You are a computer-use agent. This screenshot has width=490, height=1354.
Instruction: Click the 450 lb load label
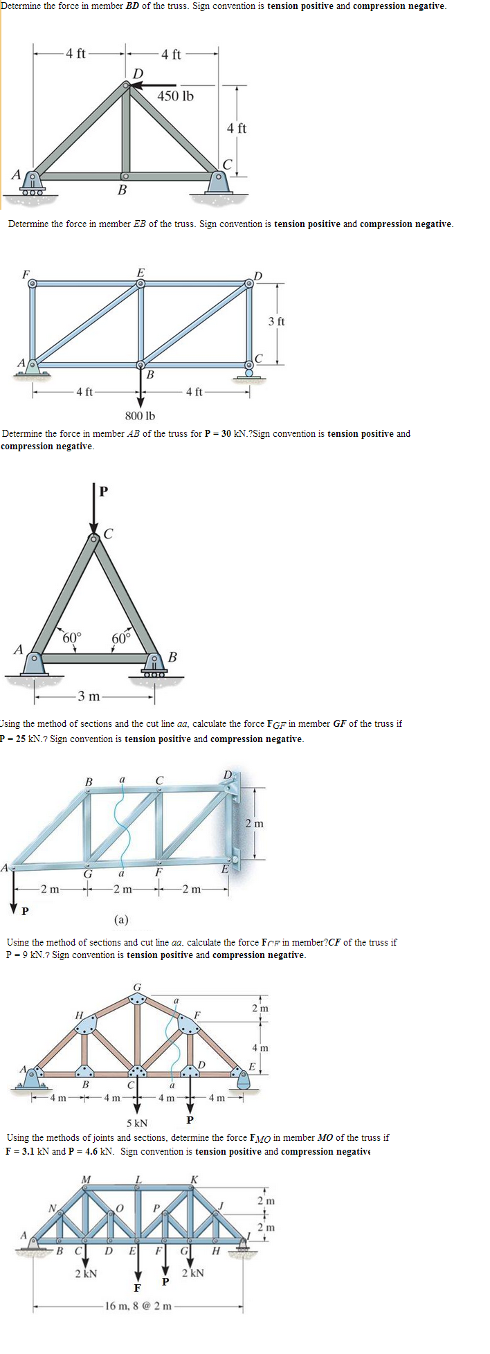175,96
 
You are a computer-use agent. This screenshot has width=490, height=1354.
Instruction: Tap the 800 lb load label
140,415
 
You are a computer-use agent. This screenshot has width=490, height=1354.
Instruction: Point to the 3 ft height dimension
276,321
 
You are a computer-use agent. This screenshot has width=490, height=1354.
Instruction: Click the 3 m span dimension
88,695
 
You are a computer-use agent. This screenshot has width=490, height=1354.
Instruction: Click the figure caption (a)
121,919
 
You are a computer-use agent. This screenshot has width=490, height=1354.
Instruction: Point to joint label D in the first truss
138,73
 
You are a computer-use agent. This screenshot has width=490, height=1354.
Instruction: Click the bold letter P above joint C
103,492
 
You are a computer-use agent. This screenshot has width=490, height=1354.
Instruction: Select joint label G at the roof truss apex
137,986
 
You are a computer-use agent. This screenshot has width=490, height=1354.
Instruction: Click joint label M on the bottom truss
86,1178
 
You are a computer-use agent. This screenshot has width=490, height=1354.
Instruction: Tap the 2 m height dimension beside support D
254,823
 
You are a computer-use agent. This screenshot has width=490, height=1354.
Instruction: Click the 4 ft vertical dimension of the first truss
237,128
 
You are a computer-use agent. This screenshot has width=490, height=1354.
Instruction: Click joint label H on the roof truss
80,1015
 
